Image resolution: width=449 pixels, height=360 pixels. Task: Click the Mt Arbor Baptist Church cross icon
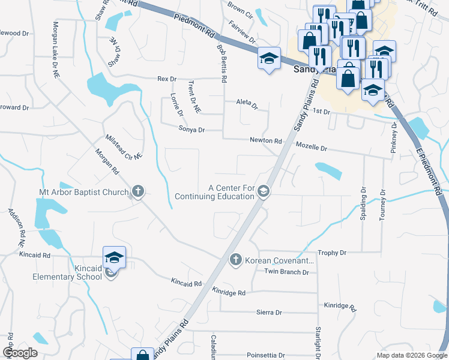click(x=137, y=192)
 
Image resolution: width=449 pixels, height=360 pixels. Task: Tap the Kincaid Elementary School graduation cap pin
click(x=114, y=259)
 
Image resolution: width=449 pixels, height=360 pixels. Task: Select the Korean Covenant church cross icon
click(x=235, y=260)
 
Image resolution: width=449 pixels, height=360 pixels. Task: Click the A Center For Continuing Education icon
click(x=262, y=191)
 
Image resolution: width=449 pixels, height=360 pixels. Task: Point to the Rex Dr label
click(x=167, y=79)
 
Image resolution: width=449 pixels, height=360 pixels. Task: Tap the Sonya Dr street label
click(x=191, y=129)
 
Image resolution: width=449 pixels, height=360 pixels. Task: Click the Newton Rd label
click(x=266, y=140)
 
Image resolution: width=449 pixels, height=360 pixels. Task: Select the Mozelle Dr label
click(x=311, y=148)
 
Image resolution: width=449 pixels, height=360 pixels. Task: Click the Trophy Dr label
click(x=333, y=253)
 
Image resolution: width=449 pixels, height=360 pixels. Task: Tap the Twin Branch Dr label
click(x=286, y=272)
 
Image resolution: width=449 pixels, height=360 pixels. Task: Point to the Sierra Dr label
click(x=269, y=312)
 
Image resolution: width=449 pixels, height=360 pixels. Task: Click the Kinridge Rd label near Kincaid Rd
click(x=229, y=292)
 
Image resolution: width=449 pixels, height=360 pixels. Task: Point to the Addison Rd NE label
click(x=16, y=227)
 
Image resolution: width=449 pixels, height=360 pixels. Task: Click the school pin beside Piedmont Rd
click(x=269, y=59)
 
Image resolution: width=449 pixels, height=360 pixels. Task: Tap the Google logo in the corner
click(x=20, y=353)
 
